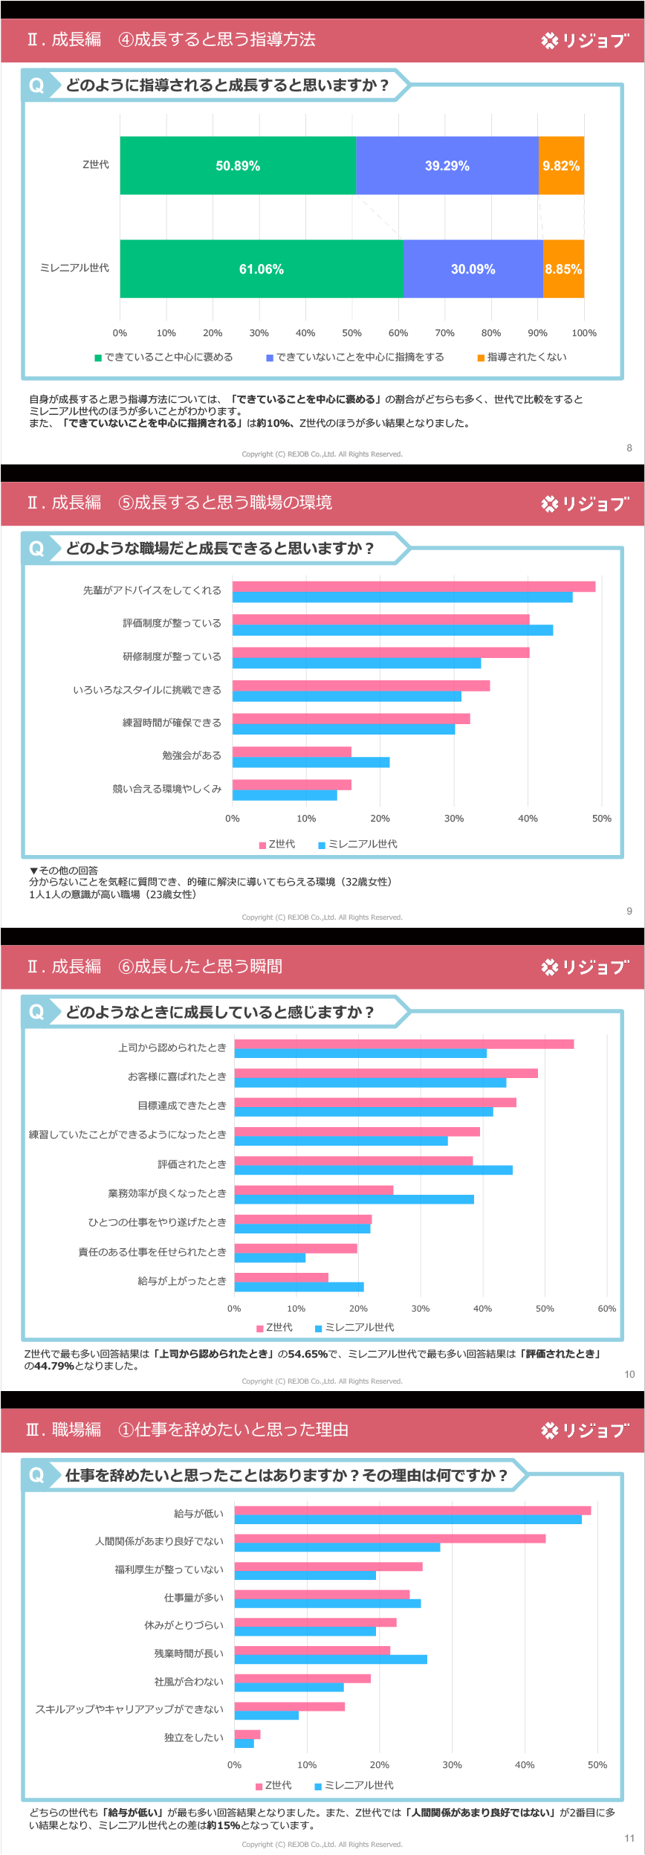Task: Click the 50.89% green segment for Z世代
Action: coord(238,166)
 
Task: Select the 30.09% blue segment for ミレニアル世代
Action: coord(473,269)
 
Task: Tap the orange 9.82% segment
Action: coord(561,166)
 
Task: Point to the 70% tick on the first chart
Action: coord(444,333)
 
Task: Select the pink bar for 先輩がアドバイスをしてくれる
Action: coord(413,587)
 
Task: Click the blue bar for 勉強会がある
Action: coord(311,762)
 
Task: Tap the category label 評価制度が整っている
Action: coord(172,623)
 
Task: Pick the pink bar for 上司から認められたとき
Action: coord(403,1044)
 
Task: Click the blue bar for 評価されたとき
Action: coord(373,1170)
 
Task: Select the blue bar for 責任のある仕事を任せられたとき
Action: coord(270,1258)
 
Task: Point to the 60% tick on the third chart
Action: coord(606,1309)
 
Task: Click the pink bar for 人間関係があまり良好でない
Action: coord(389,1538)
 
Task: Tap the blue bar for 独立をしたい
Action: coord(244,1743)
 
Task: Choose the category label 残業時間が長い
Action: coord(188,1653)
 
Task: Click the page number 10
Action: coord(629,1375)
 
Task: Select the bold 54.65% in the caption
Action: coord(308,1354)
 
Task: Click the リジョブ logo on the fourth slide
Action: coord(585,1430)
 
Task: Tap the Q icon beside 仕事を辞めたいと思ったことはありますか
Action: coord(36,1475)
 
